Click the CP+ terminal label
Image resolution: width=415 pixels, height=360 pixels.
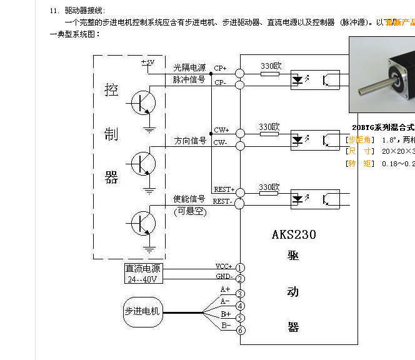point(221,68)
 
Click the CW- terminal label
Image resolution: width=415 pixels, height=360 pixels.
point(221,143)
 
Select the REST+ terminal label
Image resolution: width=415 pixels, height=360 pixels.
point(223,189)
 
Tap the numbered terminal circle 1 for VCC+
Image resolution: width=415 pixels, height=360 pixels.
point(240,267)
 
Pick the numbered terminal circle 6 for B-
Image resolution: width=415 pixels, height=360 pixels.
point(240,330)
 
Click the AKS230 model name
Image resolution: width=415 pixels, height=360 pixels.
point(294,235)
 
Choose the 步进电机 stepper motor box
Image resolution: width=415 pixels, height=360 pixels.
point(142,311)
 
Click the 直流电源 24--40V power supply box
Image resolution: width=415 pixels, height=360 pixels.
point(143,273)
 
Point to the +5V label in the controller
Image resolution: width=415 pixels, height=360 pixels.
point(147,62)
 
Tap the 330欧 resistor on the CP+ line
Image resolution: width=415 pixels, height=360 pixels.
point(270,73)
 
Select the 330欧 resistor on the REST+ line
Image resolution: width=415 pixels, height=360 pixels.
point(270,194)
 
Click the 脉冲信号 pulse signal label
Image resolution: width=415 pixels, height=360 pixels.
point(189,79)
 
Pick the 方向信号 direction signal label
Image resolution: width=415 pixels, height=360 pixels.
point(190,141)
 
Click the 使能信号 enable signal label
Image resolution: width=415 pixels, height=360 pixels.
point(189,199)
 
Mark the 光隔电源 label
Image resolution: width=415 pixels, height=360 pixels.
point(189,67)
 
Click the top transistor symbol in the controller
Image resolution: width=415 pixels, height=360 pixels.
point(144,103)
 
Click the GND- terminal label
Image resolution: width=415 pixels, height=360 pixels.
point(224,276)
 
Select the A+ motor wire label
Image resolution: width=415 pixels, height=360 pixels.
point(226,289)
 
